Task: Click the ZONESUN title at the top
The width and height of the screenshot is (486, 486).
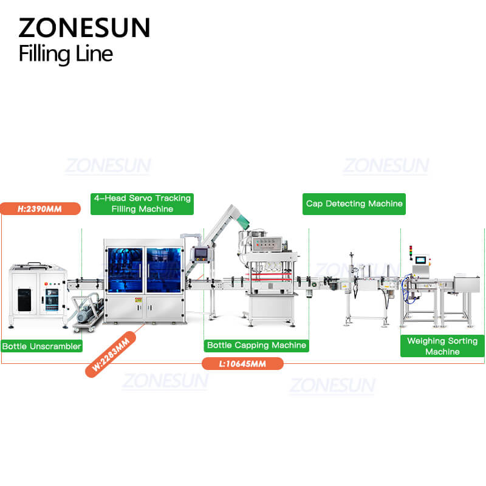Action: click(x=84, y=28)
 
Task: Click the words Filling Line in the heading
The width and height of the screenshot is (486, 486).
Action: click(x=66, y=53)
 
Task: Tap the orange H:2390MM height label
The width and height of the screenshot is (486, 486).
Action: click(x=41, y=208)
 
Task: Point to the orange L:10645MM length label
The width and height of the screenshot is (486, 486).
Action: click(x=242, y=363)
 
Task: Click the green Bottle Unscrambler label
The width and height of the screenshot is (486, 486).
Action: click(x=41, y=346)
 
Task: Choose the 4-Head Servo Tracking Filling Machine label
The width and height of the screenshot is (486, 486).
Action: click(x=142, y=204)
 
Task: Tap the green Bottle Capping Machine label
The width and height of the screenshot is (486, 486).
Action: click(x=256, y=345)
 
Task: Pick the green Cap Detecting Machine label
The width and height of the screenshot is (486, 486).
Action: click(x=354, y=204)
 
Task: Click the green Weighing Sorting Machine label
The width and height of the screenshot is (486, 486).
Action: click(x=442, y=346)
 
